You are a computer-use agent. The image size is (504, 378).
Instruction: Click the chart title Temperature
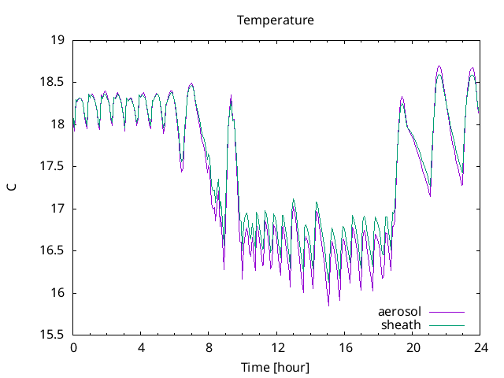click(x=276, y=20)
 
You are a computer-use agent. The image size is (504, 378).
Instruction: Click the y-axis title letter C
click(x=12, y=187)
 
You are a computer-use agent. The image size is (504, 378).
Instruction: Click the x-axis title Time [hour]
click(x=276, y=367)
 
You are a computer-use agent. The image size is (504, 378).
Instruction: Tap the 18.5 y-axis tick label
click(x=53, y=82)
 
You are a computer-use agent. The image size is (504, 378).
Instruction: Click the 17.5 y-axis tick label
click(x=53, y=166)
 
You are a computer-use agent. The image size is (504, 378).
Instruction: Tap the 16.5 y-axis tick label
click(x=53, y=250)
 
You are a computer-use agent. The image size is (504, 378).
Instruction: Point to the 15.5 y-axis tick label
click(x=53, y=335)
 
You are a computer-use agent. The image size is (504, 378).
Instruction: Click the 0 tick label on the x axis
click(x=73, y=347)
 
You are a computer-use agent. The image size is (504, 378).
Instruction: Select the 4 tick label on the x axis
click(x=141, y=347)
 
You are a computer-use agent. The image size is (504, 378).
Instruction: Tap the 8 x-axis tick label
click(x=209, y=347)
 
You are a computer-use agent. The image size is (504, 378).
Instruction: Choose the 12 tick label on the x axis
click(x=277, y=347)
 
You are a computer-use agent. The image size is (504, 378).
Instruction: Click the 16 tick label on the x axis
click(x=345, y=347)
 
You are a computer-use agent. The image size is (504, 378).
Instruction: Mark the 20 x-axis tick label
click(x=413, y=347)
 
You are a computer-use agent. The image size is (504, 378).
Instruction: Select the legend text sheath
click(x=402, y=324)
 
